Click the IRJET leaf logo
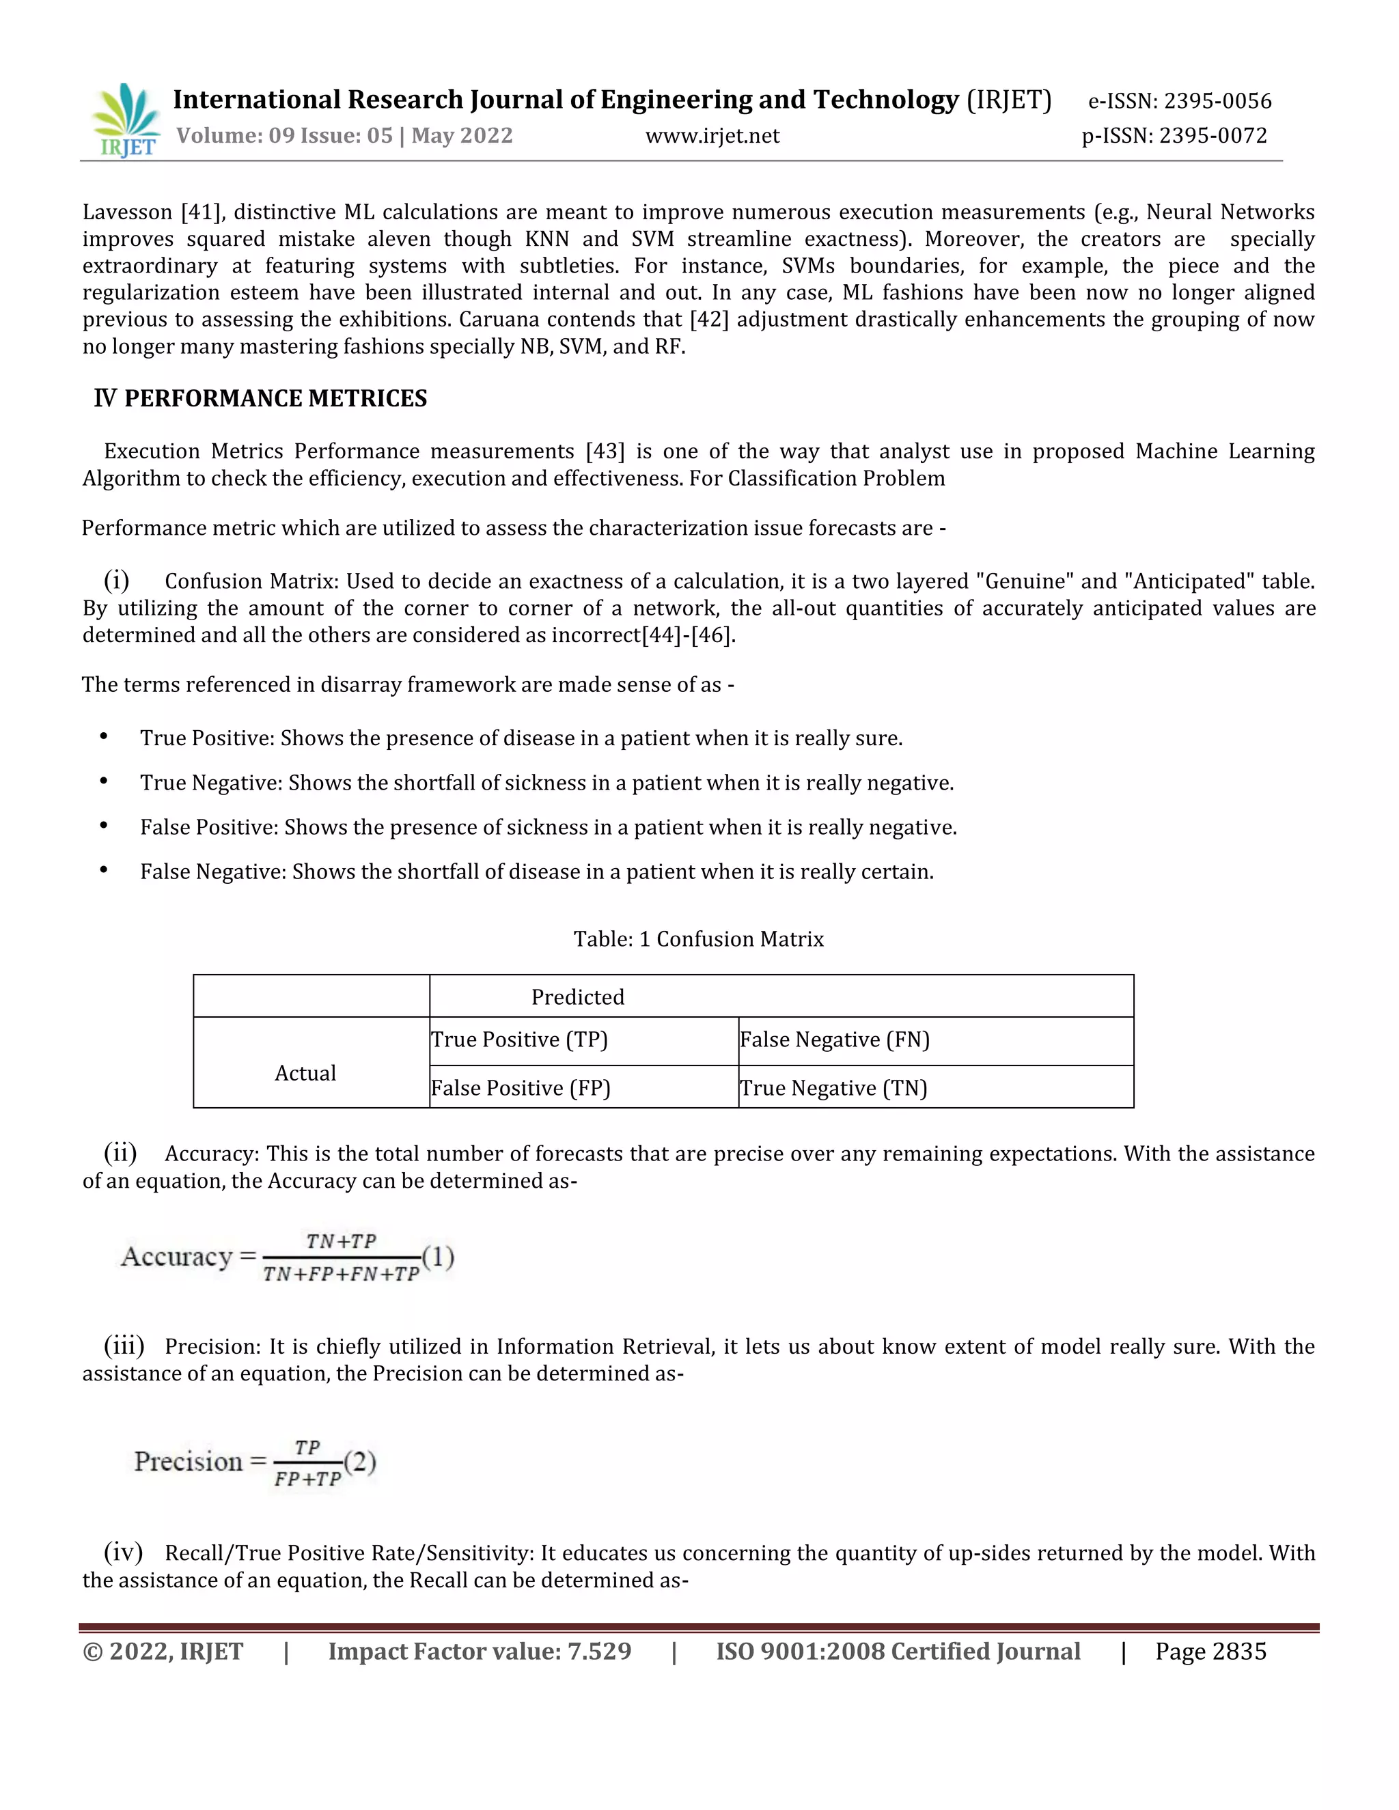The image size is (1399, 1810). click(x=126, y=120)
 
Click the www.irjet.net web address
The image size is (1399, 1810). click(x=712, y=136)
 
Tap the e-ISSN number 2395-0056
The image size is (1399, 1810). click(x=1217, y=101)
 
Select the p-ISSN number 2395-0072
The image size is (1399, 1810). click(x=1213, y=135)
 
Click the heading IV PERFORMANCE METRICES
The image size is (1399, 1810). click(x=260, y=399)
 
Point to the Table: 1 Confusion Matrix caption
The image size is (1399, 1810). click(x=698, y=939)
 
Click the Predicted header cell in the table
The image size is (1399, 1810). click(x=578, y=997)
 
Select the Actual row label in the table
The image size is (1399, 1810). click(x=305, y=1073)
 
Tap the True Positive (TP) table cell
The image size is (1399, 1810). click(x=520, y=1040)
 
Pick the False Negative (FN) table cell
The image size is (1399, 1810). click(x=834, y=1040)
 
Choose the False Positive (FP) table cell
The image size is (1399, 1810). click(x=521, y=1088)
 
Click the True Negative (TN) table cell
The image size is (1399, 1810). click(x=833, y=1088)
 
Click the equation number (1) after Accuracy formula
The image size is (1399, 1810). click(x=439, y=1257)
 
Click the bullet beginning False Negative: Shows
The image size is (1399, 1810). click(x=536, y=872)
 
